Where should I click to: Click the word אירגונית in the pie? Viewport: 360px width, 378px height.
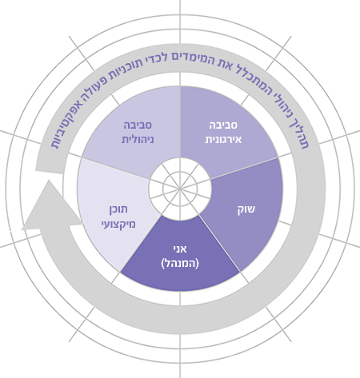pyautogui.click(x=223, y=140)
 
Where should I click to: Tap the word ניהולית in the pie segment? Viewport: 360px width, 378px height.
pyautogui.click(x=138, y=140)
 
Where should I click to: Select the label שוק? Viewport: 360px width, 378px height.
pyautogui.click(x=246, y=209)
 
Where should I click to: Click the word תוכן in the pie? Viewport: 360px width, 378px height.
pyautogui.click(x=118, y=209)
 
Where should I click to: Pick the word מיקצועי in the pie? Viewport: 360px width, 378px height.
pyautogui.click(x=118, y=225)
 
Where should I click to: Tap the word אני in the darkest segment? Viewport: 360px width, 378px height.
pyautogui.click(x=180, y=249)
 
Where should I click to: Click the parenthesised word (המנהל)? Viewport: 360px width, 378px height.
pyautogui.click(x=180, y=264)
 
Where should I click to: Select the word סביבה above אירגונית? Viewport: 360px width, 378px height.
pyautogui.click(x=223, y=125)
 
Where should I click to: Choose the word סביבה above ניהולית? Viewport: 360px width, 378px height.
pyautogui.click(x=138, y=125)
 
